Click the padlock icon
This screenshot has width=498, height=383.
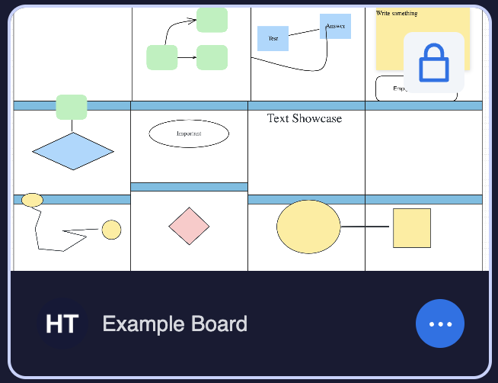[434, 63]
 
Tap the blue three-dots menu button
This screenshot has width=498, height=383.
[440, 323]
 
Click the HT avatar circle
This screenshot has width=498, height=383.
[62, 323]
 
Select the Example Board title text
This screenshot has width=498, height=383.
[175, 323]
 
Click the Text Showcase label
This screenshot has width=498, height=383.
[305, 118]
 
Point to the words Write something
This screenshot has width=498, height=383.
[397, 14]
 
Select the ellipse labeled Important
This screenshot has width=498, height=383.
[189, 134]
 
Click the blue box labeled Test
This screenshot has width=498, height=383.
[273, 38]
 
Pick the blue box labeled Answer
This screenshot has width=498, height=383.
[335, 26]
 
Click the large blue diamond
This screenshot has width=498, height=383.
[73, 151]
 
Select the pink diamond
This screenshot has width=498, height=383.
[189, 226]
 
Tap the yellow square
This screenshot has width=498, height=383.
[412, 228]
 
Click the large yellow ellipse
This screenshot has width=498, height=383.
[308, 227]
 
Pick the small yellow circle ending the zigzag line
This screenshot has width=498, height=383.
[111, 230]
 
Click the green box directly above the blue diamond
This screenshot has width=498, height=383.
[72, 107]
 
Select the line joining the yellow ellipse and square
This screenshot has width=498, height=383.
[366, 227]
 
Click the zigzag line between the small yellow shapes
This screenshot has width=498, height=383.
[38, 229]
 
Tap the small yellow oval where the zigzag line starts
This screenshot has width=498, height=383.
[32, 200]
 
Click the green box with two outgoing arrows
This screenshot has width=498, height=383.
[161, 57]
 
